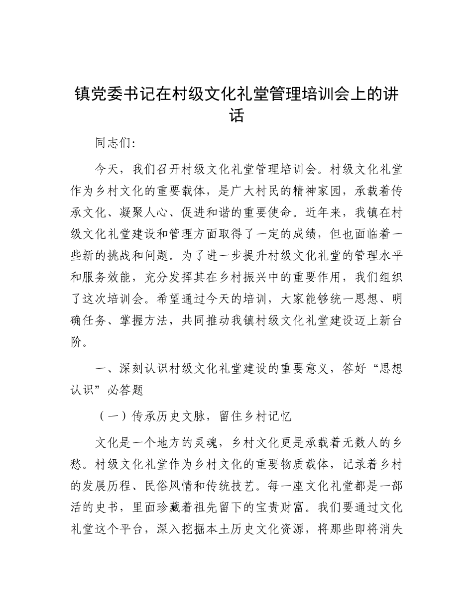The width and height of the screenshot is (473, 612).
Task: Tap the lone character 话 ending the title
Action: pyautogui.click(x=236, y=116)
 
